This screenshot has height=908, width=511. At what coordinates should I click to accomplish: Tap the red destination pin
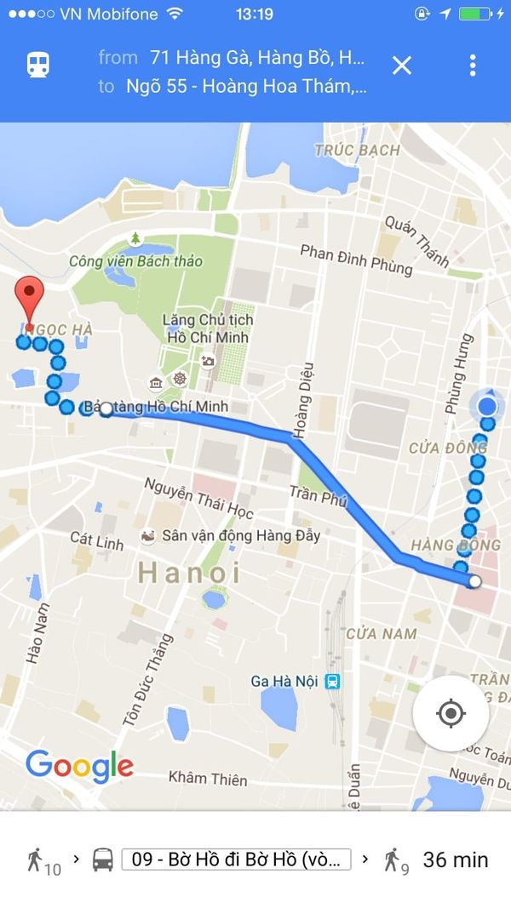pos(31,300)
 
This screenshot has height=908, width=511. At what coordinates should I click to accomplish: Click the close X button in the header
pos(401,66)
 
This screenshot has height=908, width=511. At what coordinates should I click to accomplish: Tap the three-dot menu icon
pos(473,66)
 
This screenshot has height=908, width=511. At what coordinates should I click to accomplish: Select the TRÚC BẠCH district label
pos(357,151)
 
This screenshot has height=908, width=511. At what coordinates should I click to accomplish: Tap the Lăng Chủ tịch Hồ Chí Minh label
pos(208,328)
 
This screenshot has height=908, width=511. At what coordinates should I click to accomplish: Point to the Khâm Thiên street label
pos(208,778)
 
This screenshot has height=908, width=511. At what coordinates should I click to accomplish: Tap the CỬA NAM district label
pos(381,633)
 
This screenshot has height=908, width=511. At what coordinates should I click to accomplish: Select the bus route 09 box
pos(236,859)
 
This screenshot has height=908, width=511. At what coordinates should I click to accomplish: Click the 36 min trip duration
pos(456,859)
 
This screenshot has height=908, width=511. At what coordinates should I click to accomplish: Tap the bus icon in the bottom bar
pos(103,859)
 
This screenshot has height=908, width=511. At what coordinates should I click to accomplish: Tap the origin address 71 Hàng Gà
pos(256,58)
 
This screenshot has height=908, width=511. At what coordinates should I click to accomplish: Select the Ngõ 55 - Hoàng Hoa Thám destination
pos(246,86)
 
